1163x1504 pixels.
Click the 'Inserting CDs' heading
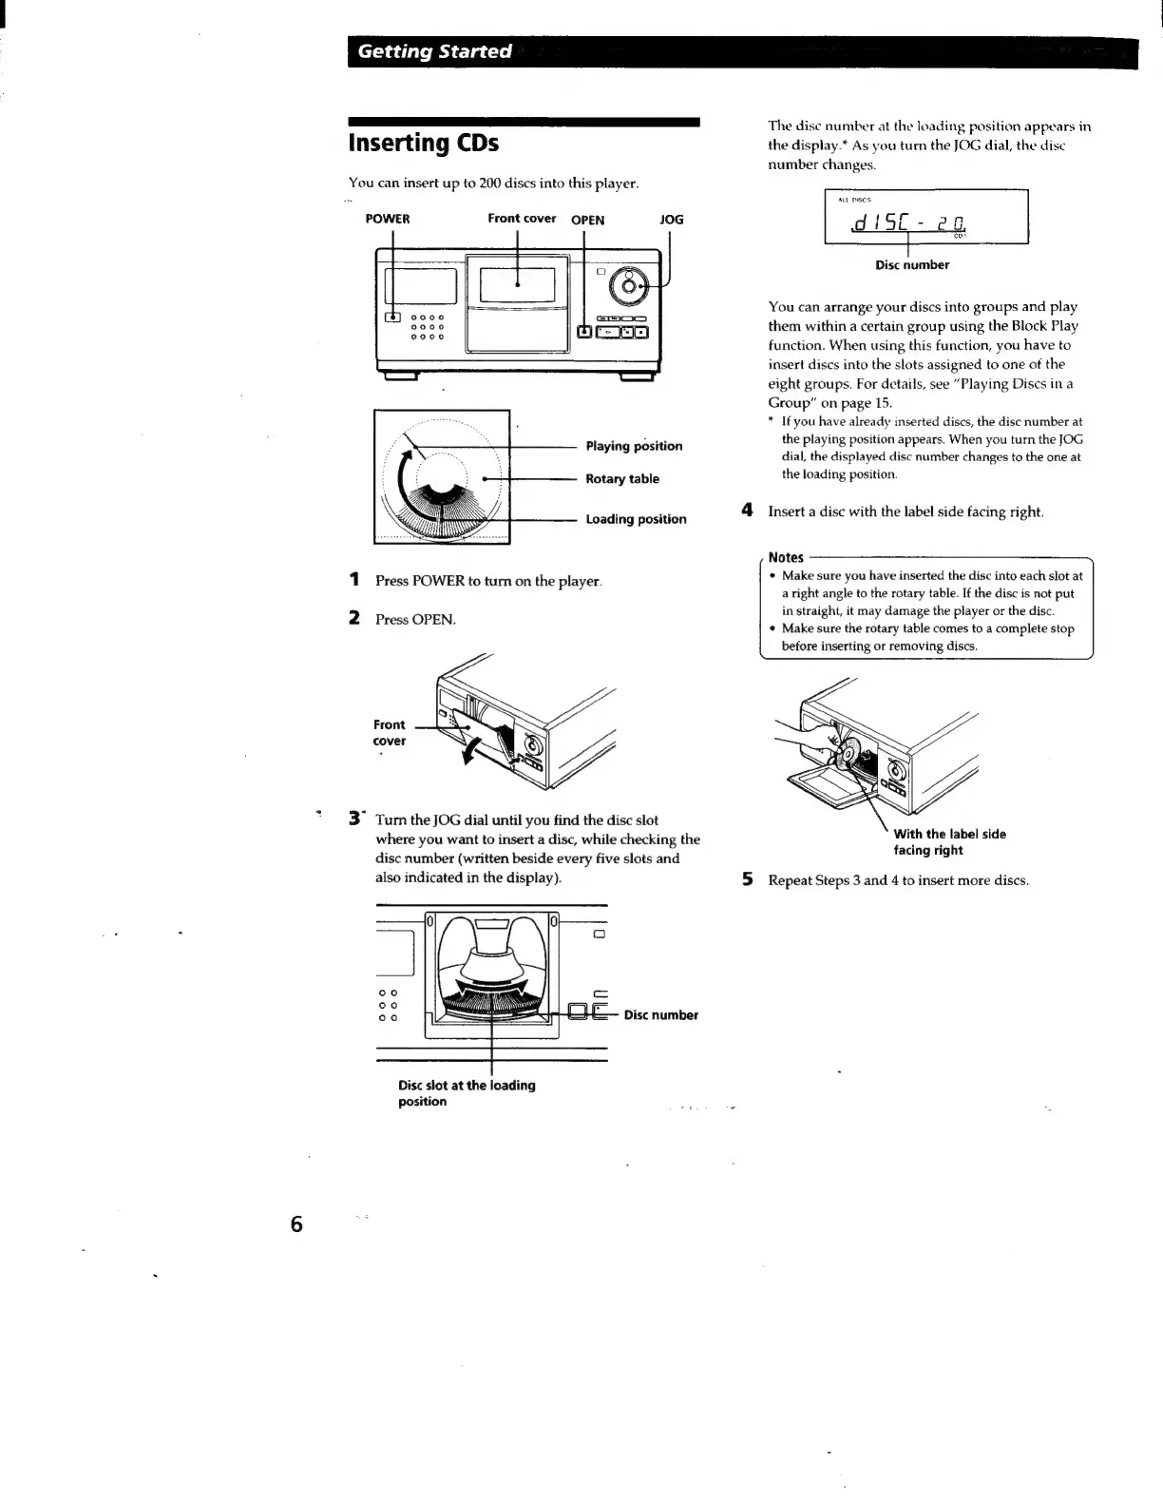pos(424,144)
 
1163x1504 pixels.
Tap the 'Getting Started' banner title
pos(434,51)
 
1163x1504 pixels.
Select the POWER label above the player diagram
pos(388,219)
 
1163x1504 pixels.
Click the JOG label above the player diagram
pos(671,219)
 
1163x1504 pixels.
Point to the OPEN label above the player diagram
pos(587,220)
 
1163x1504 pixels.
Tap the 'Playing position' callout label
pos(634,446)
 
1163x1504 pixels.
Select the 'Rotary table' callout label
pos(622,479)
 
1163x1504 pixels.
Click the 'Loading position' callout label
pos(636,519)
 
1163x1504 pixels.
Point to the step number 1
pos(354,580)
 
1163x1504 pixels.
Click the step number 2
pos(354,619)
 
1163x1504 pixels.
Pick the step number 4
pos(748,511)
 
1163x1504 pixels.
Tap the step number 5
pos(748,880)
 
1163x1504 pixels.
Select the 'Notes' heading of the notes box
pos(786,557)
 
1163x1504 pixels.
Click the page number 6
pos(296,1224)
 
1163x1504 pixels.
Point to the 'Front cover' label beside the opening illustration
pos(389,732)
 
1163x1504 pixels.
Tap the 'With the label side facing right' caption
pos(949,842)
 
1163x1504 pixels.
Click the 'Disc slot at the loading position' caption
pos(467,1093)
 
